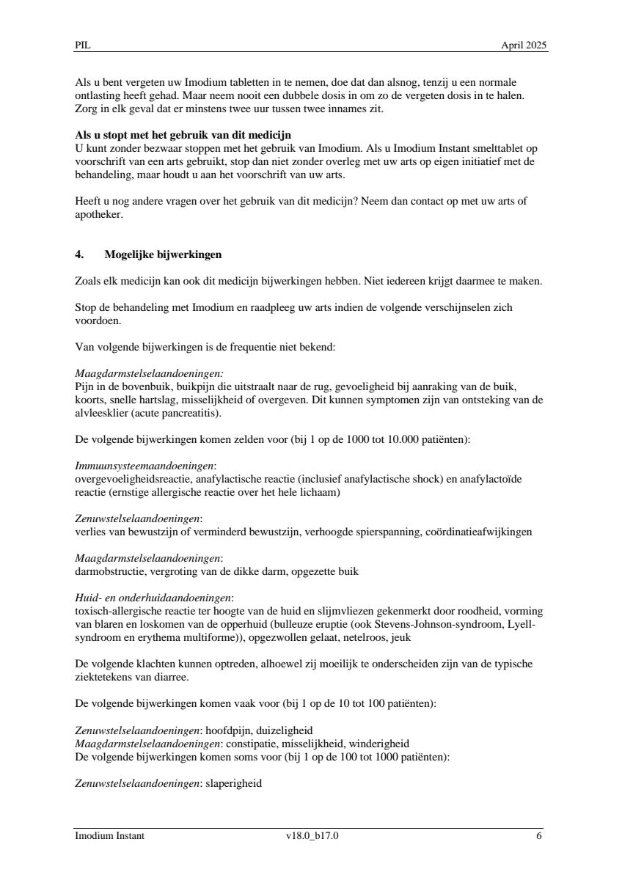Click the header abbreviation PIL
[81, 45]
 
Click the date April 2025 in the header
[524, 45]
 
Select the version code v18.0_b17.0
[312, 835]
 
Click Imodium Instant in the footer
[109, 835]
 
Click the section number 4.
[79, 255]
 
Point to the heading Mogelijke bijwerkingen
[163, 255]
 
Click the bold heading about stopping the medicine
[183, 135]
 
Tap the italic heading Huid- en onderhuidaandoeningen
[153, 598]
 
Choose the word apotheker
[99, 216]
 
